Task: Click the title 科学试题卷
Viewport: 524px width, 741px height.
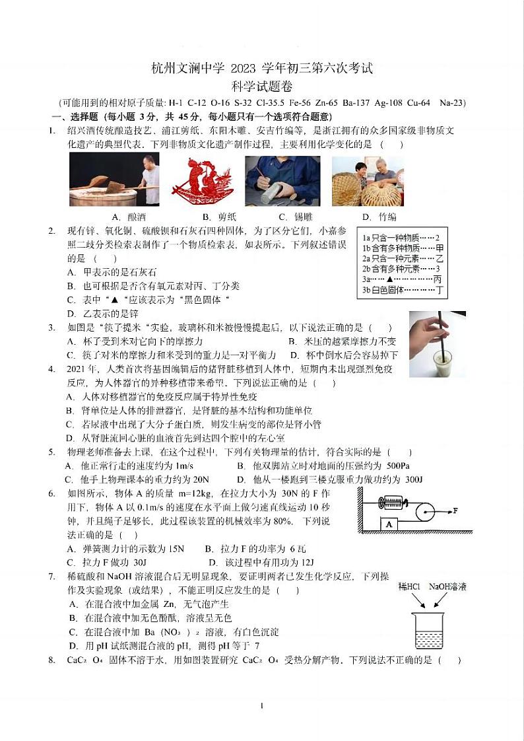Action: (262, 86)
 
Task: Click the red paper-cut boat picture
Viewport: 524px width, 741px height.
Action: (203, 181)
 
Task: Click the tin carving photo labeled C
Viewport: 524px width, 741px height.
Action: (282, 181)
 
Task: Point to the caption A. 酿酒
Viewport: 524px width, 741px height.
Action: (129, 217)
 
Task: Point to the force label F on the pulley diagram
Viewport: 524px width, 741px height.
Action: (455, 511)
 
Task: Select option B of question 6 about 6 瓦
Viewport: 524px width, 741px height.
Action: (255, 549)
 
